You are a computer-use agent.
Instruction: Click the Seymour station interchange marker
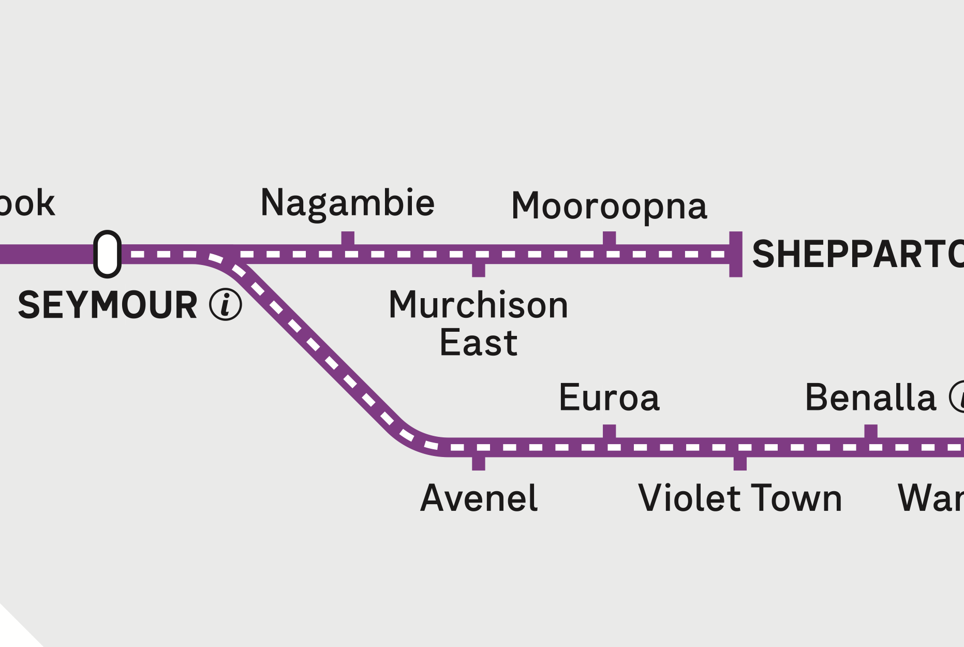tap(107, 254)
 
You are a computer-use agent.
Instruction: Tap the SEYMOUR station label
tap(108, 305)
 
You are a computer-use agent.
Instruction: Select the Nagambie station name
tap(347, 203)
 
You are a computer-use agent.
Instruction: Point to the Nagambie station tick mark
tap(348, 239)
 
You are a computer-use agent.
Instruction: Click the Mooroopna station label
tap(609, 207)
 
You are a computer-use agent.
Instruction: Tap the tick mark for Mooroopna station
tap(609, 239)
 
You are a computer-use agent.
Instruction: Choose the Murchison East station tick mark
tap(479, 270)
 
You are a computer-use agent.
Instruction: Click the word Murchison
tap(479, 305)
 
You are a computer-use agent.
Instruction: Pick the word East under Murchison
tap(479, 343)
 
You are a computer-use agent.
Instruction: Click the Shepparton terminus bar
tap(736, 254)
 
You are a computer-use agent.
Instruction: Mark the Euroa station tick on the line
tap(609, 432)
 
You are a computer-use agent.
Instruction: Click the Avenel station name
tap(479, 498)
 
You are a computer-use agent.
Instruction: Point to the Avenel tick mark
tap(479, 463)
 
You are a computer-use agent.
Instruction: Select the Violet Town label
tap(740, 498)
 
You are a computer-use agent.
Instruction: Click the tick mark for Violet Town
tap(740, 463)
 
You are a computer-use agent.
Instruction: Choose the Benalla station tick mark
tap(871, 432)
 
